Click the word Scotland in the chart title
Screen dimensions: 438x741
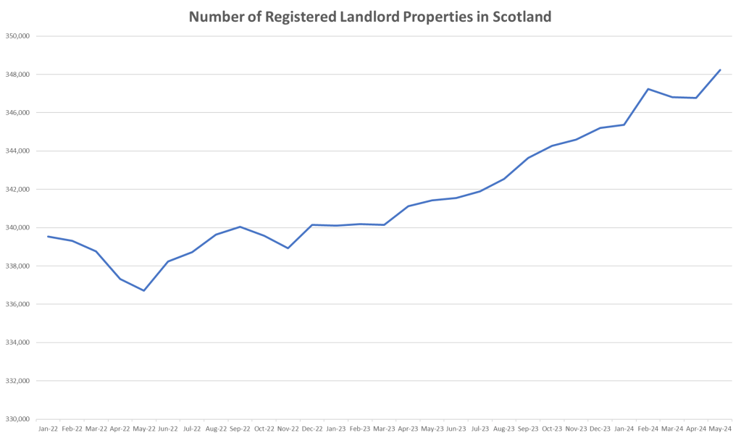pos(522,16)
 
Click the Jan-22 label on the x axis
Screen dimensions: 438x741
pos(48,428)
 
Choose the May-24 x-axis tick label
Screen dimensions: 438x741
pos(719,428)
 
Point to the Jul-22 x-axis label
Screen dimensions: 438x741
pos(192,428)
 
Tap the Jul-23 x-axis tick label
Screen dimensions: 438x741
pos(480,428)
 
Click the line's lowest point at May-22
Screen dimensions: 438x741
pos(144,290)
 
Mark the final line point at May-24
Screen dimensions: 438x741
pos(719,70)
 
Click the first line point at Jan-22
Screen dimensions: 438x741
pos(48,236)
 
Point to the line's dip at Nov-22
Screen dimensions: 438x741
pos(288,248)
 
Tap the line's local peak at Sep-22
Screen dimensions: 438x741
pos(240,227)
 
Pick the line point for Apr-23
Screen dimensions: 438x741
pos(408,206)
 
